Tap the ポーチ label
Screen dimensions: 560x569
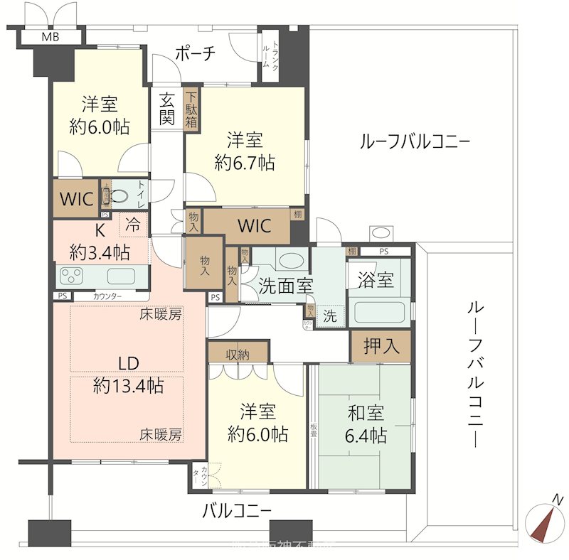click(x=194, y=53)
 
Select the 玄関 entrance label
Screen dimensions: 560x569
click(x=166, y=109)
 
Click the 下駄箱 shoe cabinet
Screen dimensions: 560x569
click(x=192, y=109)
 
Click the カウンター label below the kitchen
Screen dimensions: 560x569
click(x=107, y=296)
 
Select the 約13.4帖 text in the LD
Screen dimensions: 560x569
click(x=129, y=386)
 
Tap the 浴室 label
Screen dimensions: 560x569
click(x=376, y=279)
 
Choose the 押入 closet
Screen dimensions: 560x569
click(x=381, y=346)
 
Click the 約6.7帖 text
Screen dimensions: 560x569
click(x=245, y=162)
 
